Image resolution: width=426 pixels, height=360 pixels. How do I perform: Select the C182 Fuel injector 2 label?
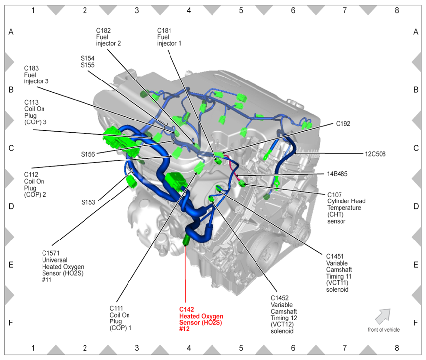109,37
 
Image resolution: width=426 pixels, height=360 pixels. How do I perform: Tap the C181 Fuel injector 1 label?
169,37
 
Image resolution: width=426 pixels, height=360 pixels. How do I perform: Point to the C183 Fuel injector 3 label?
36,75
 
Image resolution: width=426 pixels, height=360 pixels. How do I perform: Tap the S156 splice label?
89,154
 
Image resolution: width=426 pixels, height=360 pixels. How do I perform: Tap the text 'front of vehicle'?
384,330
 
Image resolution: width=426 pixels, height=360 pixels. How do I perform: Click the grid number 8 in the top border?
396,9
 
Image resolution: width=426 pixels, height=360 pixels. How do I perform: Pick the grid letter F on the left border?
11,323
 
